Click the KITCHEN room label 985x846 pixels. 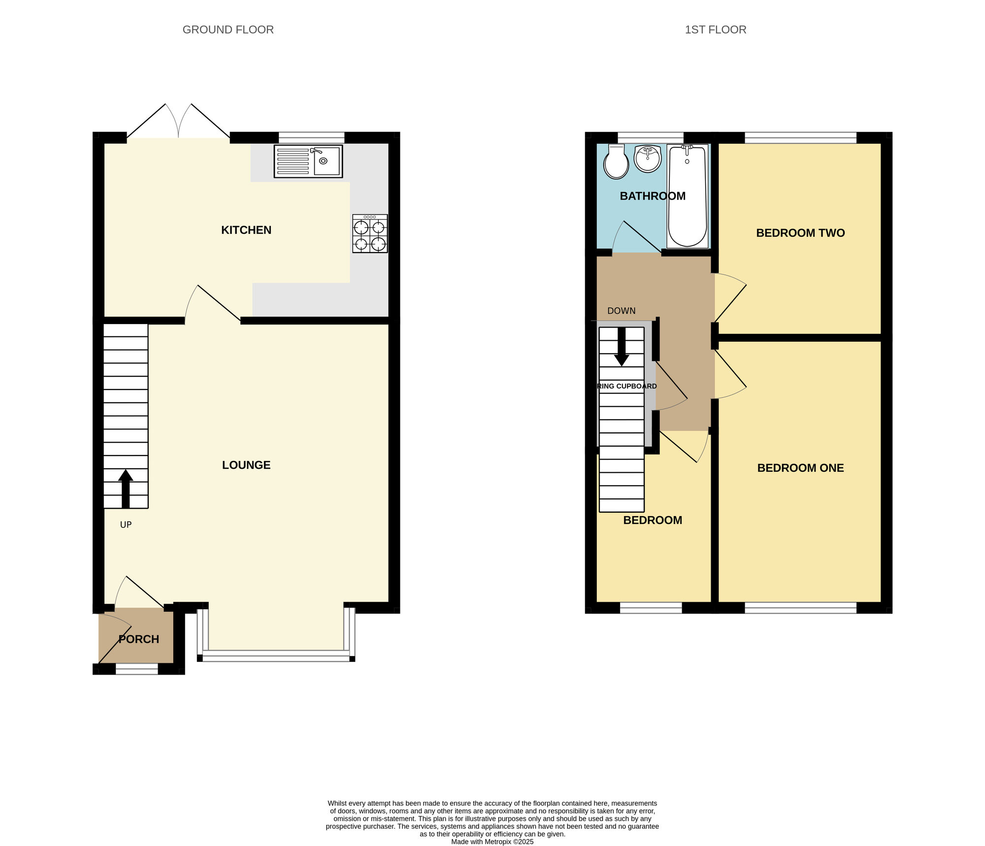click(x=246, y=230)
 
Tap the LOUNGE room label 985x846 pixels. click(x=246, y=465)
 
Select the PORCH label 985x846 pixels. click(x=139, y=639)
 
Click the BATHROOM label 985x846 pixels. click(x=653, y=196)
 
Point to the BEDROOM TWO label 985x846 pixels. click(x=800, y=233)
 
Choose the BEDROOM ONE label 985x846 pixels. click(x=800, y=468)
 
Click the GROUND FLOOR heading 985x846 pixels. click(x=228, y=30)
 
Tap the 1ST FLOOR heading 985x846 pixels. click(x=715, y=30)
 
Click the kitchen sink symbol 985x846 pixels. click(x=308, y=161)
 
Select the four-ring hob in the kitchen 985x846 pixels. click(x=370, y=234)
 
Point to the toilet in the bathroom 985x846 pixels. click(x=616, y=161)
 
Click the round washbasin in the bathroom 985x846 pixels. click(x=647, y=159)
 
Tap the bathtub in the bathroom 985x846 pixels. click(x=687, y=196)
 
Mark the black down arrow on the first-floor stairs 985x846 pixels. click(x=622, y=347)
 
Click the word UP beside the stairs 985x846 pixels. click(x=126, y=525)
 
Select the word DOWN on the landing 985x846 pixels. click(x=622, y=311)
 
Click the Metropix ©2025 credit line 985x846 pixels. click(x=492, y=842)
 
